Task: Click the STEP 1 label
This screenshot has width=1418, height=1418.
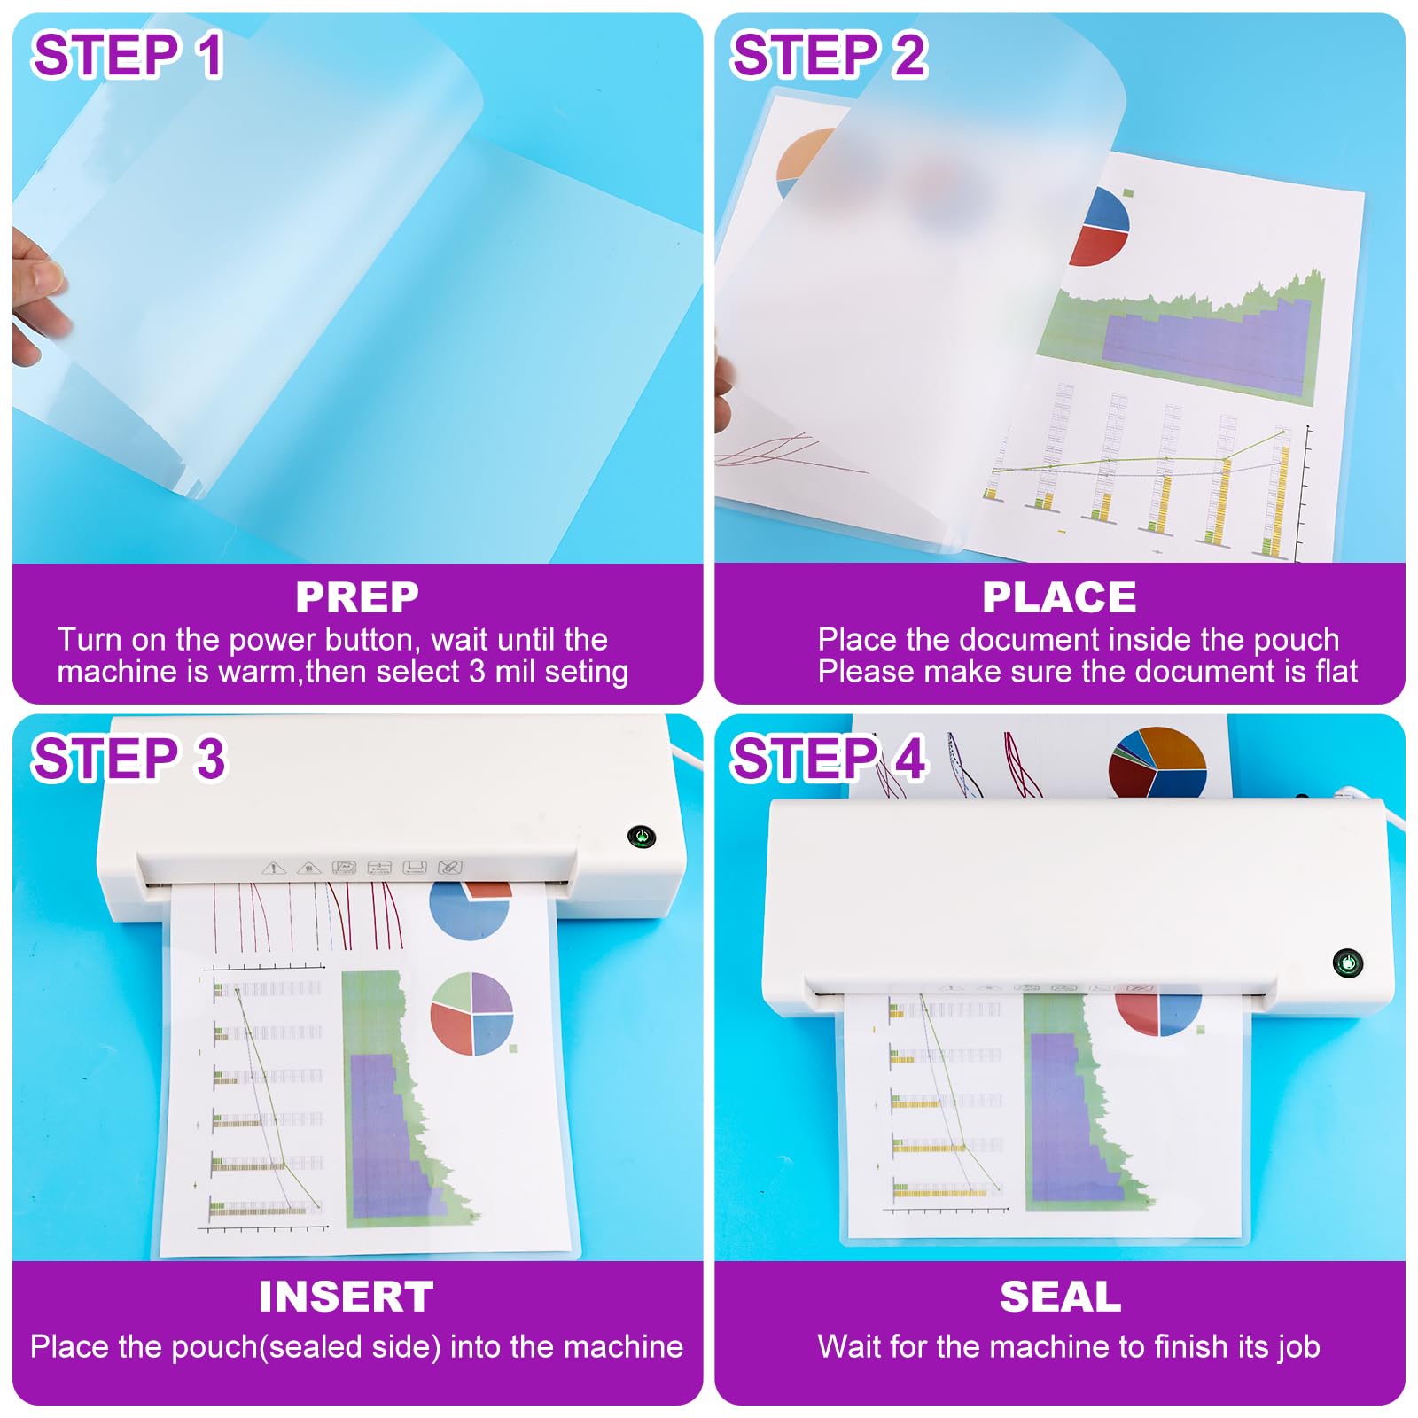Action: click(128, 55)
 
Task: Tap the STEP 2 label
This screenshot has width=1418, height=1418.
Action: click(829, 55)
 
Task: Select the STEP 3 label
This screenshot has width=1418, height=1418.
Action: click(129, 759)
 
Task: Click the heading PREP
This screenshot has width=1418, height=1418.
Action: click(357, 597)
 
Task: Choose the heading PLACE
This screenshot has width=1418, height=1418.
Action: click(1059, 597)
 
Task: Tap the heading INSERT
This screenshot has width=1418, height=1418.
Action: click(347, 1297)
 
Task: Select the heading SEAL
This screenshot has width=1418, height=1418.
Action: click(1060, 1297)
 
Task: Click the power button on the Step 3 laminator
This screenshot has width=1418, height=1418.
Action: click(641, 836)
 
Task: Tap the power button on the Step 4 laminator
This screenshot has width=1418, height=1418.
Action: click(1347, 962)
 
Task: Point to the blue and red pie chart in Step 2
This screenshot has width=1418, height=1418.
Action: click(1102, 227)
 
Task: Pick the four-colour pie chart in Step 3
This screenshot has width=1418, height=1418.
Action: click(471, 1014)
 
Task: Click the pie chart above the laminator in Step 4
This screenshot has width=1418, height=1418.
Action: click(1157, 762)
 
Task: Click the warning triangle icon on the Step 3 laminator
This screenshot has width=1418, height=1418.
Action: click(273, 868)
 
